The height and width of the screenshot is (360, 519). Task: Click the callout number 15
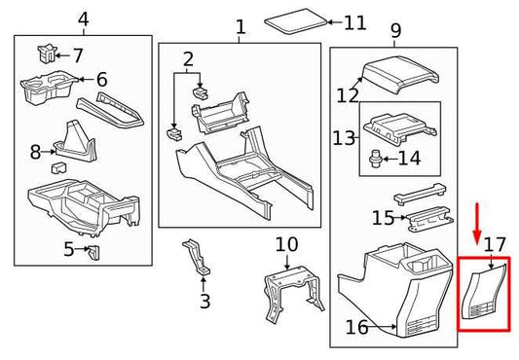tap(383, 218)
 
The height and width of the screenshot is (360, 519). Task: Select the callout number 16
tap(357, 328)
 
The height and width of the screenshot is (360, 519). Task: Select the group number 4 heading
tap(83, 19)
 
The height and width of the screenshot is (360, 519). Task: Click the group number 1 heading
tap(240, 28)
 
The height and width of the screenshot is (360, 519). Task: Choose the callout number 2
tap(188, 59)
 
